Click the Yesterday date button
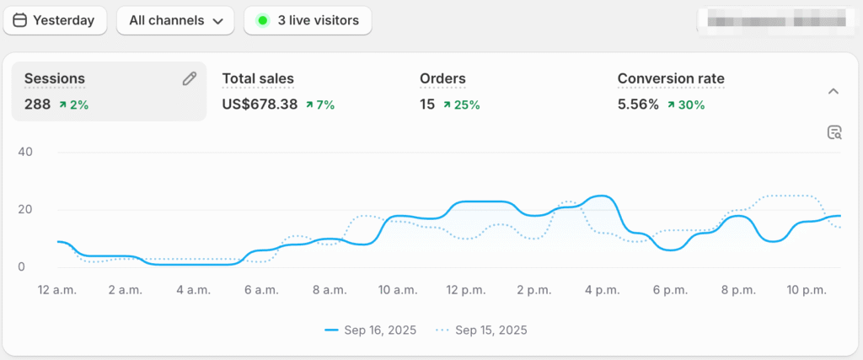point(55,20)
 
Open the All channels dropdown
point(175,20)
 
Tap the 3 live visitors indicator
point(308,20)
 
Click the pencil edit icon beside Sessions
point(190,78)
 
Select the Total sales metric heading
point(258,79)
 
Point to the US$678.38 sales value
point(260,105)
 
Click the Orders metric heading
point(442,79)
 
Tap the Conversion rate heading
point(671,79)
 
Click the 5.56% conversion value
point(638,105)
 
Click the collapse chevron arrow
point(834,91)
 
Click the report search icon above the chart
point(834,132)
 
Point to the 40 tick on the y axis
point(25,153)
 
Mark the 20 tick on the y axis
point(25,210)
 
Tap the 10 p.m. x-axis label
point(807,290)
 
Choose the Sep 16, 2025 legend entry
point(371,330)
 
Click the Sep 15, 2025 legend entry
point(482,330)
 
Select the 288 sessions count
point(37,105)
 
